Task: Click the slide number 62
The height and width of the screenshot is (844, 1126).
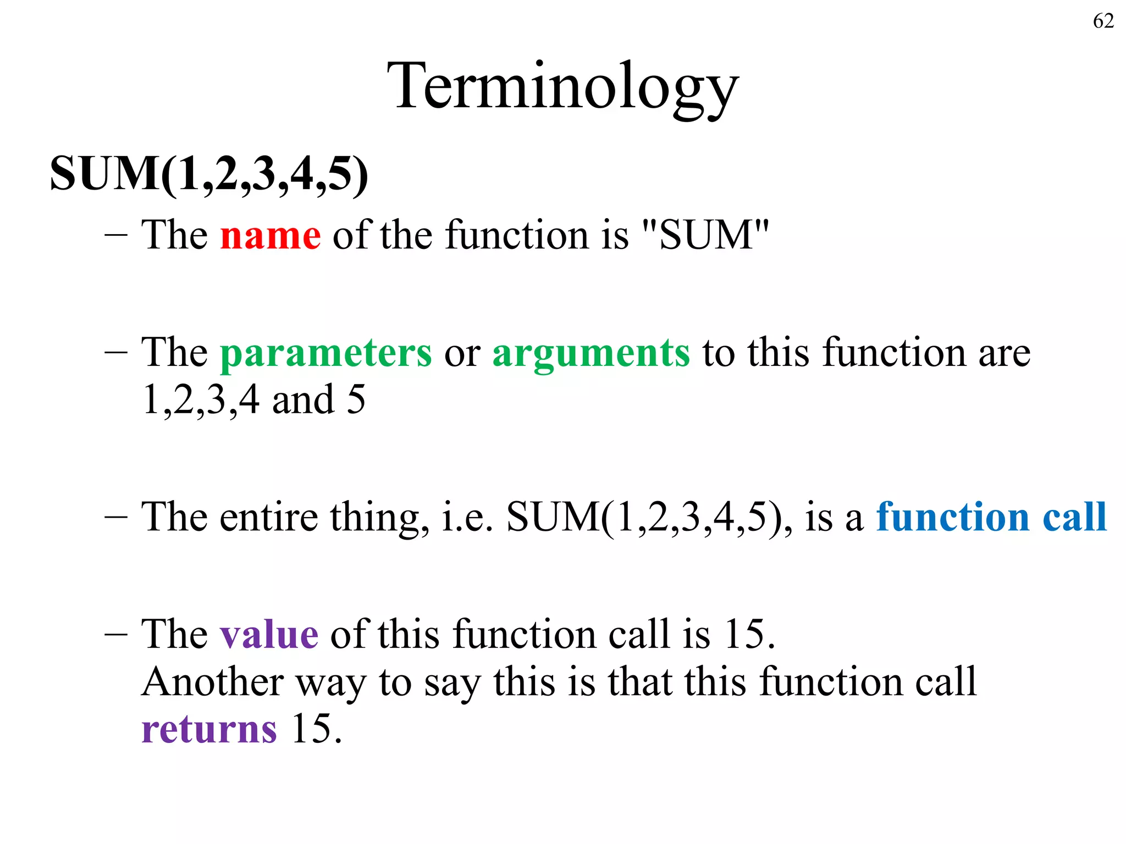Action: [1103, 21]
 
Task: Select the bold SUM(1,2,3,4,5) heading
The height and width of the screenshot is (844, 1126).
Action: [209, 174]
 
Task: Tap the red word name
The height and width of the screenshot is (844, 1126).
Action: [271, 235]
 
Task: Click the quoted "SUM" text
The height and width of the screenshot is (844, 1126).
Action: [705, 235]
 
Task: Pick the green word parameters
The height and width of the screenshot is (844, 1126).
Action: [326, 353]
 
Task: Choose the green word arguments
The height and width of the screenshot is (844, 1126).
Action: [591, 353]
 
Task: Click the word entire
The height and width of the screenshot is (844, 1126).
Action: [269, 517]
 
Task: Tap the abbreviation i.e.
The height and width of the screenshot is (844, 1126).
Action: [467, 518]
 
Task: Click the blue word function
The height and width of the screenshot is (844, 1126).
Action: [953, 517]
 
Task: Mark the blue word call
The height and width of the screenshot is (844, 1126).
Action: [1075, 517]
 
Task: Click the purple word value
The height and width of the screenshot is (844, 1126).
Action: [269, 635]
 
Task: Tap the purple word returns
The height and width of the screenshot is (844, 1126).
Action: [209, 730]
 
